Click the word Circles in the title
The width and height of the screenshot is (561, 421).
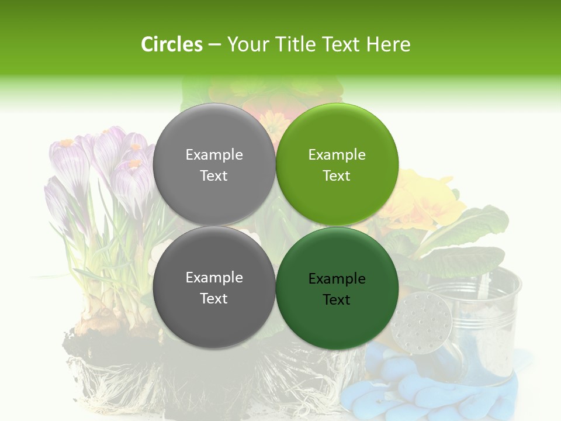pyautogui.click(x=172, y=44)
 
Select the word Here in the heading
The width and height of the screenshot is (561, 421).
pyautogui.click(x=388, y=44)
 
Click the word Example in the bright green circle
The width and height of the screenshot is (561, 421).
pyautogui.click(x=337, y=155)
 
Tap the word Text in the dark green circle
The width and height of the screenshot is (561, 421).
pyautogui.click(x=337, y=300)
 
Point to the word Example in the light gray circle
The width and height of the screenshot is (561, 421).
pyautogui.click(x=214, y=155)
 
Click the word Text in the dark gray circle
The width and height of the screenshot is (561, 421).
pyautogui.click(x=214, y=299)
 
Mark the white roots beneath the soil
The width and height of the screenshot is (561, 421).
pyautogui.click(x=175, y=380)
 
